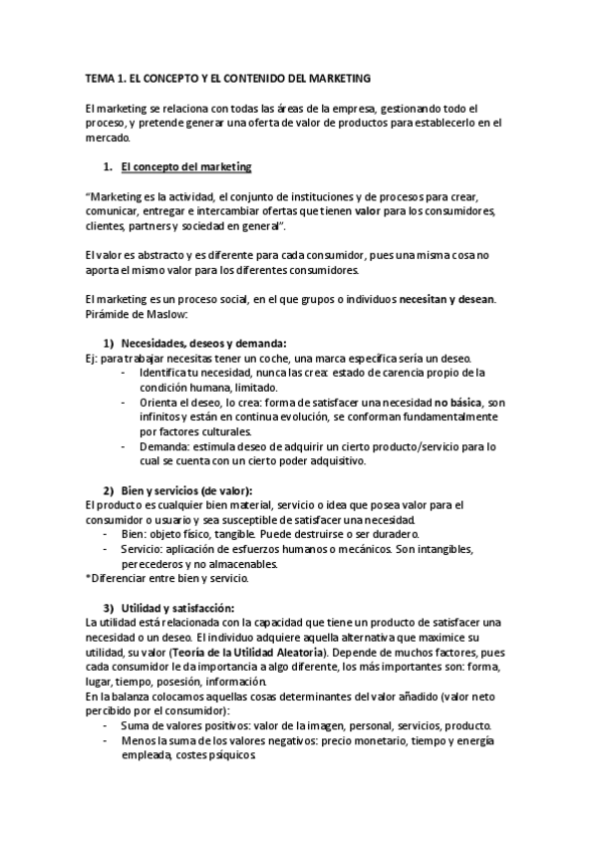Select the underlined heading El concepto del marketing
tap(185, 165)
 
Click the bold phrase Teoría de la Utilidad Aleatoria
tap(269, 652)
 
